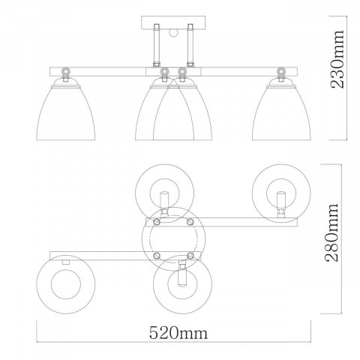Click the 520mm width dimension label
[x=178, y=333]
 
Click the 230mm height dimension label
[x=337, y=59]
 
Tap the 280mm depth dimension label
[x=332, y=232]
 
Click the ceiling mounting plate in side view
[x=173, y=22]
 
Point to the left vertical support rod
[x=157, y=46]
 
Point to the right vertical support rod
[x=190, y=46]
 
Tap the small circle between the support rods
[x=173, y=33]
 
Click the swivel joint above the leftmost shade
[x=66, y=73]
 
